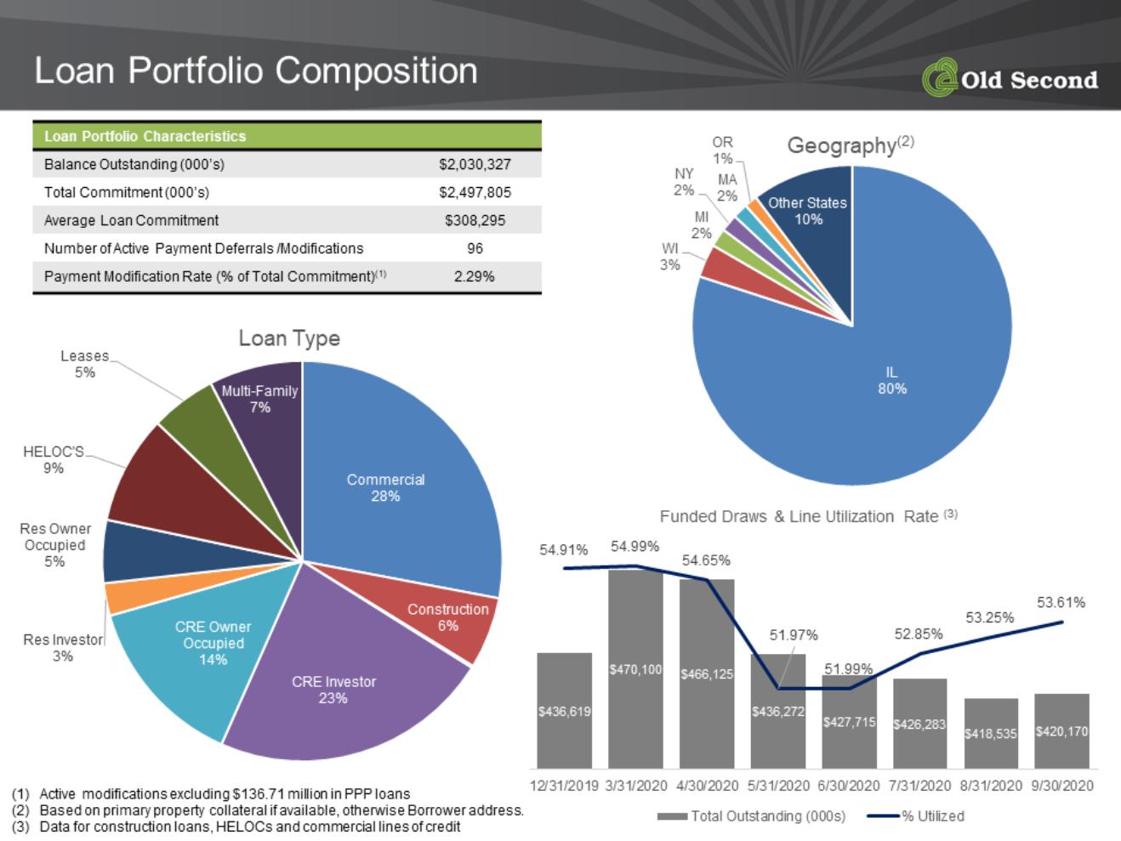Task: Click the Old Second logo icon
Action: [940, 77]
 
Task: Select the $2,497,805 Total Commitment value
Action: [475, 192]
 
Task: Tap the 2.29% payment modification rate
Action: [474, 276]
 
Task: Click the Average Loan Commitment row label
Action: [131, 220]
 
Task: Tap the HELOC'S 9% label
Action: [54, 459]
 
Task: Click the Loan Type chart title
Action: [289, 338]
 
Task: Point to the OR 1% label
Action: [723, 151]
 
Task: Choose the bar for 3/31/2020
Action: [635, 669]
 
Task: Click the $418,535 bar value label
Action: [991, 734]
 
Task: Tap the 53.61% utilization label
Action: [1061, 603]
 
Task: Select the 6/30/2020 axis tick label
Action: [849, 786]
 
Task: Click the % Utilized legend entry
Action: [916, 816]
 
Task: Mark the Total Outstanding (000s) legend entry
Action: [751, 816]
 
